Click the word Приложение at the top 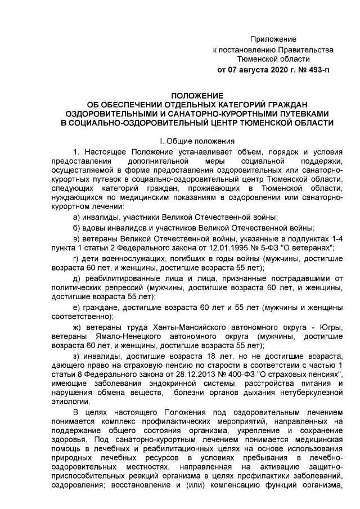pos(273,39)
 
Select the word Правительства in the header pos(294,49)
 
